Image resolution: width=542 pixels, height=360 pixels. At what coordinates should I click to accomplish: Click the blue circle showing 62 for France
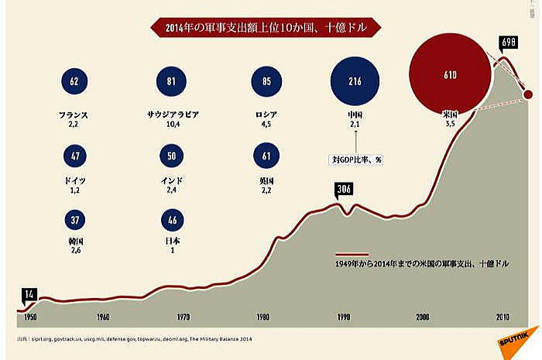74,81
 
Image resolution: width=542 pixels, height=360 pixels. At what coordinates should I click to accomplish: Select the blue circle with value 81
172,81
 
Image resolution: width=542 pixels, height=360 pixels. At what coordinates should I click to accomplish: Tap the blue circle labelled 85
266,81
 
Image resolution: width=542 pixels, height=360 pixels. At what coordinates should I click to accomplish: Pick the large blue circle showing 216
355,81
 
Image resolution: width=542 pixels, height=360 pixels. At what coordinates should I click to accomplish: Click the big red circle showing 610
451,75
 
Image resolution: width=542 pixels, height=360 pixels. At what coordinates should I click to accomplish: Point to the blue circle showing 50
172,156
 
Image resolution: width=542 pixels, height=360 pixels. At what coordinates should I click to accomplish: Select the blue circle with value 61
266,156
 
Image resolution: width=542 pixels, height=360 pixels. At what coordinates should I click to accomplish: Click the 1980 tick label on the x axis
262,317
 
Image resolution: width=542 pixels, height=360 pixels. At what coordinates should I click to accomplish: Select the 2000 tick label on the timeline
423,317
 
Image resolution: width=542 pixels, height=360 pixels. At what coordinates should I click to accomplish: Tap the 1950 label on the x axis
31,317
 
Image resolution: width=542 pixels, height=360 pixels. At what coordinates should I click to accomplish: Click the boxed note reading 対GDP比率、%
354,159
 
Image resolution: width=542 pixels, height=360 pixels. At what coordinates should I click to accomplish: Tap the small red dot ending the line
529,94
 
